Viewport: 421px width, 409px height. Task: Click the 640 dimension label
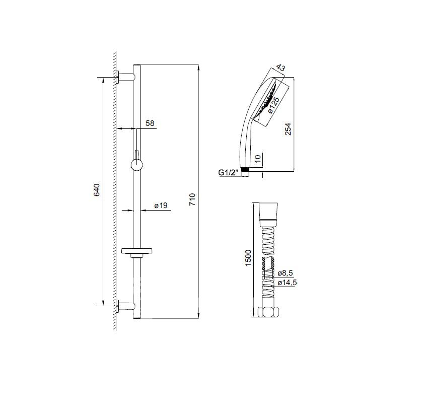coord(96,190)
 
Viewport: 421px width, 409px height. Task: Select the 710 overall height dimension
coord(192,199)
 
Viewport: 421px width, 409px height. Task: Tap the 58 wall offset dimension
coord(150,123)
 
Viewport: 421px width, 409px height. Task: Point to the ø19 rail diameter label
coord(161,206)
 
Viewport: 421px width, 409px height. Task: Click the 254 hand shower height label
coord(288,129)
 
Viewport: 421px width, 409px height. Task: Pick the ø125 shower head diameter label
coord(273,105)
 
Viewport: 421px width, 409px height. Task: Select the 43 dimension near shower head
coord(280,68)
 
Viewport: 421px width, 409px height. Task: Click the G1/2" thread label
coord(229,172)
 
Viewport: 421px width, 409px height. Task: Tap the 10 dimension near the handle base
coord(257,159)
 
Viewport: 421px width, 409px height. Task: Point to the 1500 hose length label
coord(248,258)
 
